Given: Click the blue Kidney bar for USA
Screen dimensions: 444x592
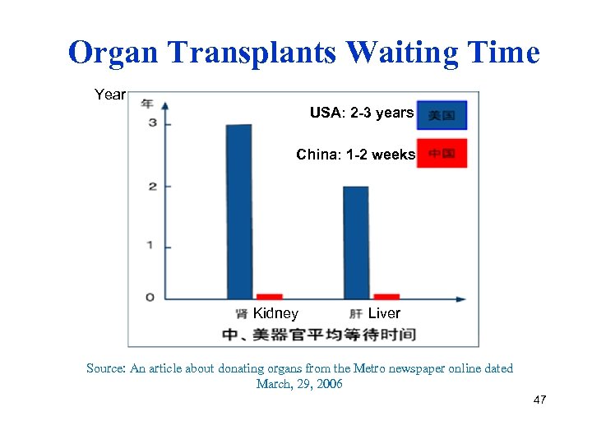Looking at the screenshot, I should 239,211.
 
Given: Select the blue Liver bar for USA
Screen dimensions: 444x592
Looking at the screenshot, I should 355,243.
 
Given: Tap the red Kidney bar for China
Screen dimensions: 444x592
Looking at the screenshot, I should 269,296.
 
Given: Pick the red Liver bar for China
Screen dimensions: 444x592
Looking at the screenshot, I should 386,296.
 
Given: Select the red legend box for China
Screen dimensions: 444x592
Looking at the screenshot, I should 442,154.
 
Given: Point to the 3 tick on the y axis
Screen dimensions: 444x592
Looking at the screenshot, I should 151,123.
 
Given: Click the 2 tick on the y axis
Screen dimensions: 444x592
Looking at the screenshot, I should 151,186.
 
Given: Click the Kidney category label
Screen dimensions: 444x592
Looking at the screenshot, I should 275,313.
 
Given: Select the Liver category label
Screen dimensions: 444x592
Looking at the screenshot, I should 384,313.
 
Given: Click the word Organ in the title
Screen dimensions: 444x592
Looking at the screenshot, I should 115,53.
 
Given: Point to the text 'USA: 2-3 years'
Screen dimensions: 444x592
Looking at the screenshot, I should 361,113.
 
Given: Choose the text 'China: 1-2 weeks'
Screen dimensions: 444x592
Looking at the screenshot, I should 355,155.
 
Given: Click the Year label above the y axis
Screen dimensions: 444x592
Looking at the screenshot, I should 109,95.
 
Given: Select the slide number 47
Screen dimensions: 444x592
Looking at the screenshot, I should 539,400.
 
